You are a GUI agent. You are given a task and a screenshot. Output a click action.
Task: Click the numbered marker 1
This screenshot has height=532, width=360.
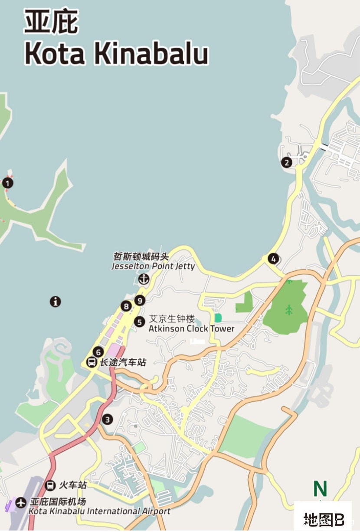(7, 183)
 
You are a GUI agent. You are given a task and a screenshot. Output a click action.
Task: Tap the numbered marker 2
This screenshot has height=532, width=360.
(286, 163)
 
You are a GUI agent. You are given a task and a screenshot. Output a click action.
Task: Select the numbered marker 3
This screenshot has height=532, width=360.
(107, 419)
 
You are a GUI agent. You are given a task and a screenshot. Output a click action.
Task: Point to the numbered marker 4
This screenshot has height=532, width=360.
(273, 259)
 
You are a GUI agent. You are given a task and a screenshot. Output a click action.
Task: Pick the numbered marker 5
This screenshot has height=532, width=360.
(139, 322)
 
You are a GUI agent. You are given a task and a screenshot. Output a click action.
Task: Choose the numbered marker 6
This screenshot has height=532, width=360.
(98, 352)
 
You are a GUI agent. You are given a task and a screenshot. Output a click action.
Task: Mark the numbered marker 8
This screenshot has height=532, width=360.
(126, 306)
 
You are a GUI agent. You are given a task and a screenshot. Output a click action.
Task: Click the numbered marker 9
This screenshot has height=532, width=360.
(139, 300)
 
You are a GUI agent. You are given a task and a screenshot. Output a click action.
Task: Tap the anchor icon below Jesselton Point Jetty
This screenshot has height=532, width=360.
(144, 279)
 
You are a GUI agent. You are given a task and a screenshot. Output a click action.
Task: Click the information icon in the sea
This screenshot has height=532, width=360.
(55, 302)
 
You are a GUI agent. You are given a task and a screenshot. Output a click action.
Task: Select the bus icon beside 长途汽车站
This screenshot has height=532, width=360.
(92, 362)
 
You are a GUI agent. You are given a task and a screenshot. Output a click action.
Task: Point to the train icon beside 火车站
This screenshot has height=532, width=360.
(50, 485)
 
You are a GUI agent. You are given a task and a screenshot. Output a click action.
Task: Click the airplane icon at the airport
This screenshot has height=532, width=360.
(21, 502)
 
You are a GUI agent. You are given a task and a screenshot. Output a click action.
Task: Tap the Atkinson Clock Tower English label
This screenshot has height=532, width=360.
(191, 328)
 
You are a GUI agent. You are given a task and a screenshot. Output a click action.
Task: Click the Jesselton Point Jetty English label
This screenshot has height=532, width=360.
(153, 266)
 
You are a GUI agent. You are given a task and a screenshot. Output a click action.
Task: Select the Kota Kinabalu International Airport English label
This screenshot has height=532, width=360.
(100, 511)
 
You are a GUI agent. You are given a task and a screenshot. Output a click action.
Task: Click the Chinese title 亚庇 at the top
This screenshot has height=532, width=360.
(51, 22)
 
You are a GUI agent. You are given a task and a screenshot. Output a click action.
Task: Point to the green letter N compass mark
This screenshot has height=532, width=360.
(320, 489)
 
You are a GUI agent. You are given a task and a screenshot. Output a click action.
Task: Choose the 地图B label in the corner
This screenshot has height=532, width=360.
(323, 519)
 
